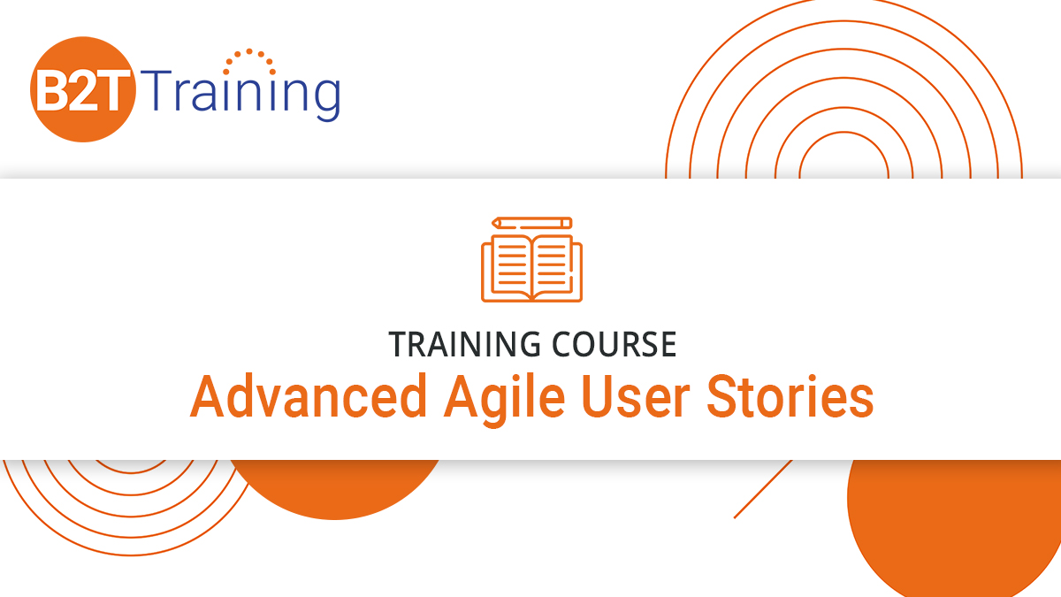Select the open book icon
click(x=531, y=266)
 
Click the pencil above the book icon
click(x=531, y=223)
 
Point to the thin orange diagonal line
click(x=762, y=489)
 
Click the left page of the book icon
click(x=508, y=264)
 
